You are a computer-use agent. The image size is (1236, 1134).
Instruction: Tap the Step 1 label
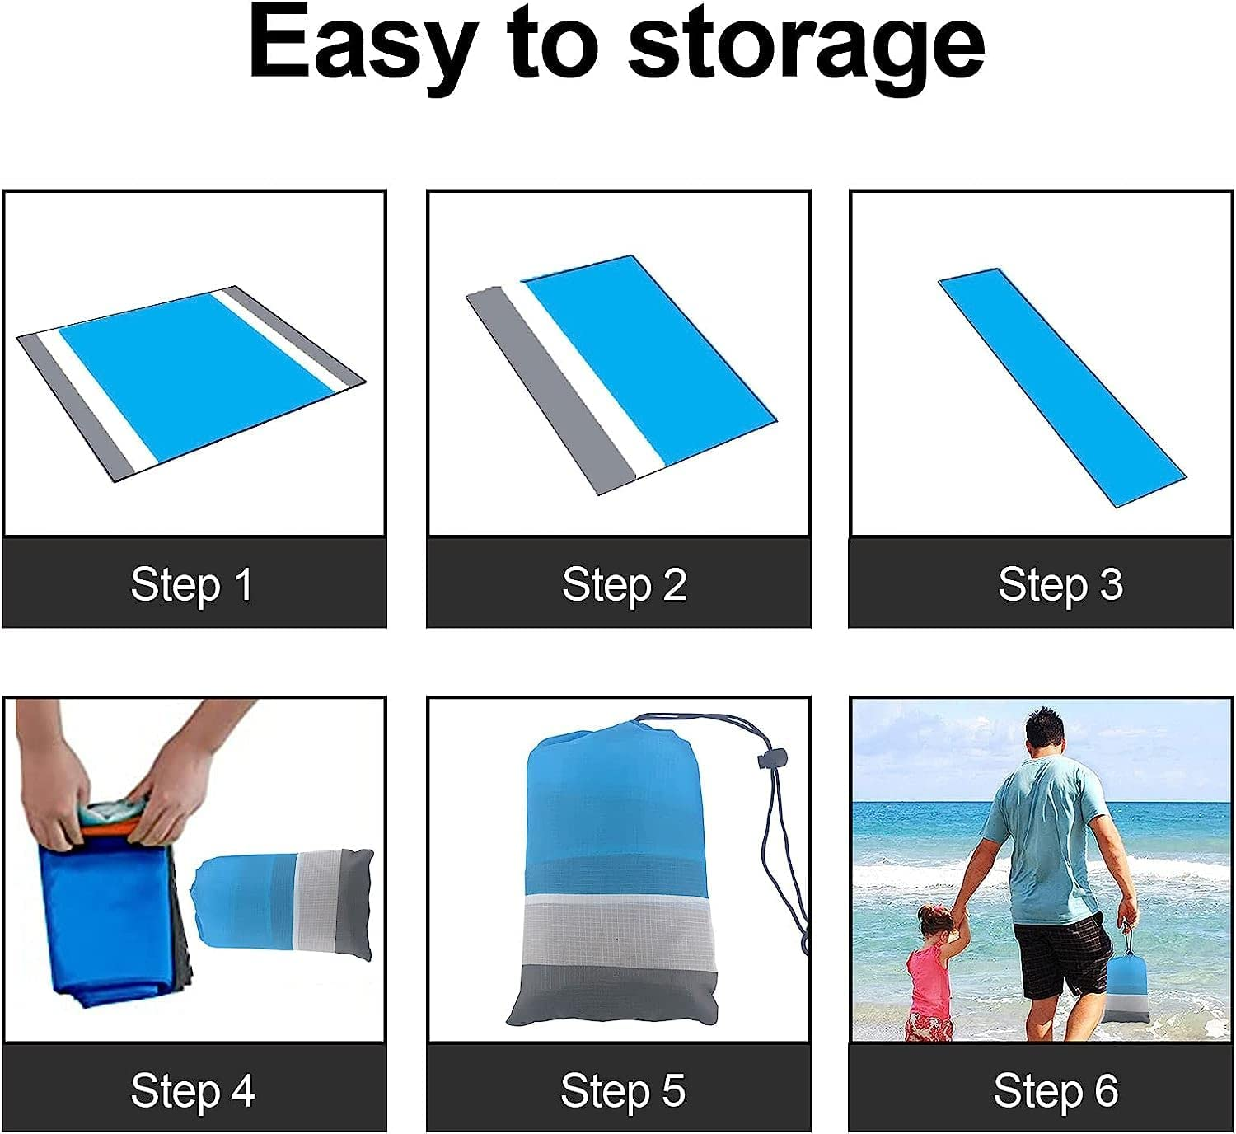tap(192, 585)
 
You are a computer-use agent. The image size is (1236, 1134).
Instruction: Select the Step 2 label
tap(624, 585)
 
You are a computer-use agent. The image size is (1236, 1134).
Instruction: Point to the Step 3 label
tap(1060, 585)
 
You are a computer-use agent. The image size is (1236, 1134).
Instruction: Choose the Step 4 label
tap(193, 1090)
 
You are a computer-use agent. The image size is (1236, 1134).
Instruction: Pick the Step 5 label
tap(623, 1090)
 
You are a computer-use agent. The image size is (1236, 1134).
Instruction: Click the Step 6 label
tap(1056, 1090)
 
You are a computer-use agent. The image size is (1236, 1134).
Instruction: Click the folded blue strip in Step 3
tap(1061, 387)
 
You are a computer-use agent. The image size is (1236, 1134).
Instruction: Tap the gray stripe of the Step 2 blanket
tap(550, 392)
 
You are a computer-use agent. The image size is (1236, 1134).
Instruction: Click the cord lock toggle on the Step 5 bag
tap(771, 759)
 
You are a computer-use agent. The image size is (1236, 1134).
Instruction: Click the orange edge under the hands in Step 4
tap(108, 829)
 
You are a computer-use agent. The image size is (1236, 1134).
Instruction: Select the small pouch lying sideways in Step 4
tap(283, 905)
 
